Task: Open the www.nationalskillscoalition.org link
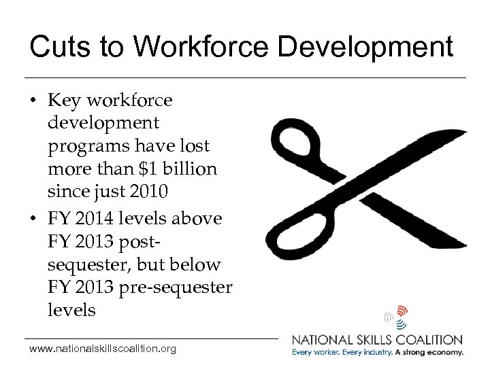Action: [x=103, y=349]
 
